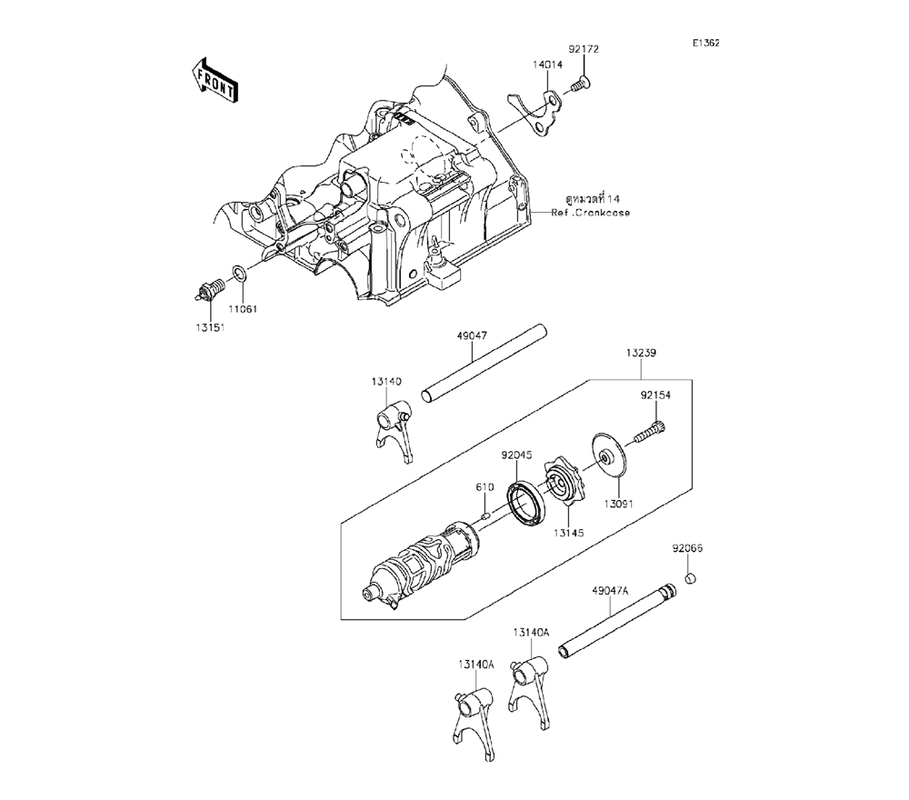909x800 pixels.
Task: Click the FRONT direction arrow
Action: point(214,80)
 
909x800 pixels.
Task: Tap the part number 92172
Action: point(584,50)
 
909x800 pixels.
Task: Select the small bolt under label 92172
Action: point(578,85)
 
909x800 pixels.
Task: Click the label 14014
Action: point(547,65)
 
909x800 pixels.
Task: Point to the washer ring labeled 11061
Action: point(240,273)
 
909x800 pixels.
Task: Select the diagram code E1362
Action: point(705,43)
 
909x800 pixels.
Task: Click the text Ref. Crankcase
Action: point(590,213)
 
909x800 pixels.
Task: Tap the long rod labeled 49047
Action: point(484,363)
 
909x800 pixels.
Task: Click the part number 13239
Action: point(641,353)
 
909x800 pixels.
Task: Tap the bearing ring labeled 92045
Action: point(526,502)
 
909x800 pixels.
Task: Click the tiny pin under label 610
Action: point(486,515)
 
